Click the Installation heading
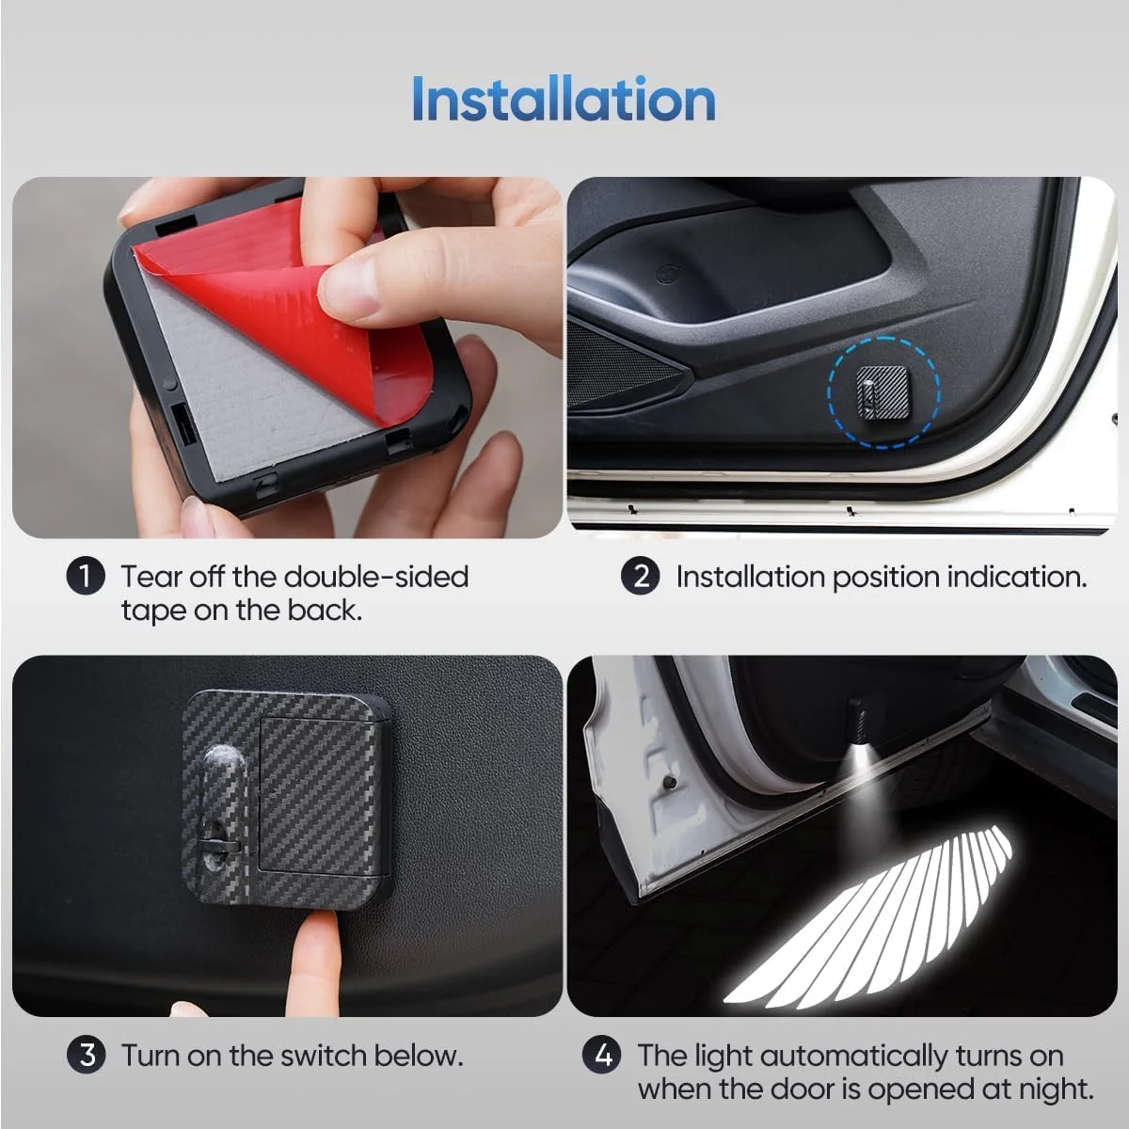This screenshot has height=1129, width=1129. pos(564,99)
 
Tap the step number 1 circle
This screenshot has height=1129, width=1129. pos(86,576)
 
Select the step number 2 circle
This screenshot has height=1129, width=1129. pos(641,576)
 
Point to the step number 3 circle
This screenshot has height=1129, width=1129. pos(87,1056)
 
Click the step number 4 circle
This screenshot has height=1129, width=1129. pos(602,1056)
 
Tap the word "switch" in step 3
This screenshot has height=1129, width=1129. pos(324,1056)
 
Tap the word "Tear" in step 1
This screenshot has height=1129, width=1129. pos(150,577)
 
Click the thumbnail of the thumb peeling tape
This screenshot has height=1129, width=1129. pos(344,288)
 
